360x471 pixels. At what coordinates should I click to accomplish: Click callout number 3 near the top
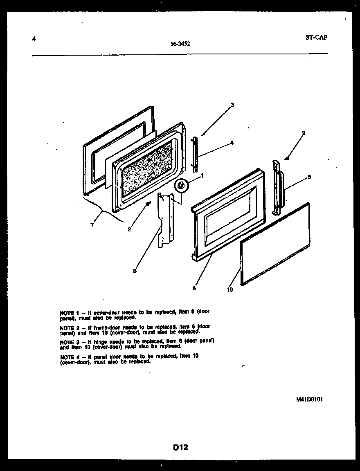[x=232, y=105]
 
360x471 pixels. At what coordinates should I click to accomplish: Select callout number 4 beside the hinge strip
[x=232, y=143]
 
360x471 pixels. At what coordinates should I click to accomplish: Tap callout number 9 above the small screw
[x=303, y=133]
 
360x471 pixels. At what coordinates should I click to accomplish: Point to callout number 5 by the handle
[x=309, y=177]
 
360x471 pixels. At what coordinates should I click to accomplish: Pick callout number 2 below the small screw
[x=129, y=229]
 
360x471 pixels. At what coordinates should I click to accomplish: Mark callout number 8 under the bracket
[x=135, y=270]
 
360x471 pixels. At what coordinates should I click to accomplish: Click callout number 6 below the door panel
[x=194, y=288]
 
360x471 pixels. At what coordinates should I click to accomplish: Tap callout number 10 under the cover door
[x=230, y=290]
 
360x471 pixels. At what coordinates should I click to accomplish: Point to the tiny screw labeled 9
[x=288, y=158]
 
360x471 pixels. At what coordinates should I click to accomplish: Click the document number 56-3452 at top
[x=180, y=44]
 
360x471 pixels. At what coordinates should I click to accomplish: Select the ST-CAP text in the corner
[x=316, y=37]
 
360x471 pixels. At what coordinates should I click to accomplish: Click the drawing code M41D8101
[x=310, y=399]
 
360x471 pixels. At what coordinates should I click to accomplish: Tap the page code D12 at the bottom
[x=180, y=447]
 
